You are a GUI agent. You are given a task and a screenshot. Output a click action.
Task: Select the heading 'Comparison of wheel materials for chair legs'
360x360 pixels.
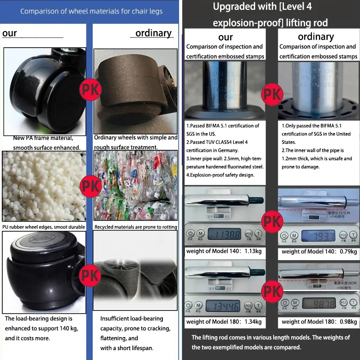pyautogui.click(x=91, y=11)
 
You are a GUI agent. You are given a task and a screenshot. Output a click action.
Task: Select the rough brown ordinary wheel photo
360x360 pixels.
pyautogui.click(x=135, y=90)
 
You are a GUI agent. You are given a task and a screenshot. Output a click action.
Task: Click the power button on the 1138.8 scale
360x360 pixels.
pyautogui.click(x=190, y=234)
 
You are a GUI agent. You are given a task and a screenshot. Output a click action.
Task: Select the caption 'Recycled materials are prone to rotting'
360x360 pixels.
pyautogui.click(x=135, y=227)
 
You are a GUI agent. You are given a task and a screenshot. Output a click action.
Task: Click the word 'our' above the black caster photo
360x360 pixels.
pyautogui.click(x=10, y=33)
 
